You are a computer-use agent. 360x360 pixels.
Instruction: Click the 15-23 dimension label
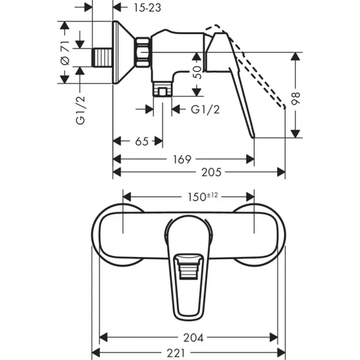(147, 8)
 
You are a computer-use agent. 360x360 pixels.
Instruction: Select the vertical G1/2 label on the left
(80, 111)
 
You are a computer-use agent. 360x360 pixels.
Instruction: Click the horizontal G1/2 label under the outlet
(205, 109)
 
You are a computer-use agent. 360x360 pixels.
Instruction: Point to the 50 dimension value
(197, 72)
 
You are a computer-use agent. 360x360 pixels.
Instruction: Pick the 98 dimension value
(296, 99)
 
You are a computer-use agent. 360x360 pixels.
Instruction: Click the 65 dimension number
(141, 141)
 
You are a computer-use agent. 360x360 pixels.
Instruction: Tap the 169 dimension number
(182, 159)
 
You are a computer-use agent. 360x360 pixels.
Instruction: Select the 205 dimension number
(211, 172)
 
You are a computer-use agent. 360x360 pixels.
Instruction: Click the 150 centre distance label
(197, 197)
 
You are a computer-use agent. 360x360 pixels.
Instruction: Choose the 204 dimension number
(193, 338)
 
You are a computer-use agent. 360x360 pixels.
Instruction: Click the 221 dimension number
(176, 353)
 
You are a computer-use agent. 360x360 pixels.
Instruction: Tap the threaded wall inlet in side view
(102, 58)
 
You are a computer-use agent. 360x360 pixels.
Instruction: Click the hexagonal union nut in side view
(143, 52)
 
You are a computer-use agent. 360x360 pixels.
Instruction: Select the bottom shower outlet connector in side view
(162, 89)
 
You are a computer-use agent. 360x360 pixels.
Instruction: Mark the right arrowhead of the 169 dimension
(250, 159)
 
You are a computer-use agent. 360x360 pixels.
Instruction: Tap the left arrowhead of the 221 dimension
(96, 352)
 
